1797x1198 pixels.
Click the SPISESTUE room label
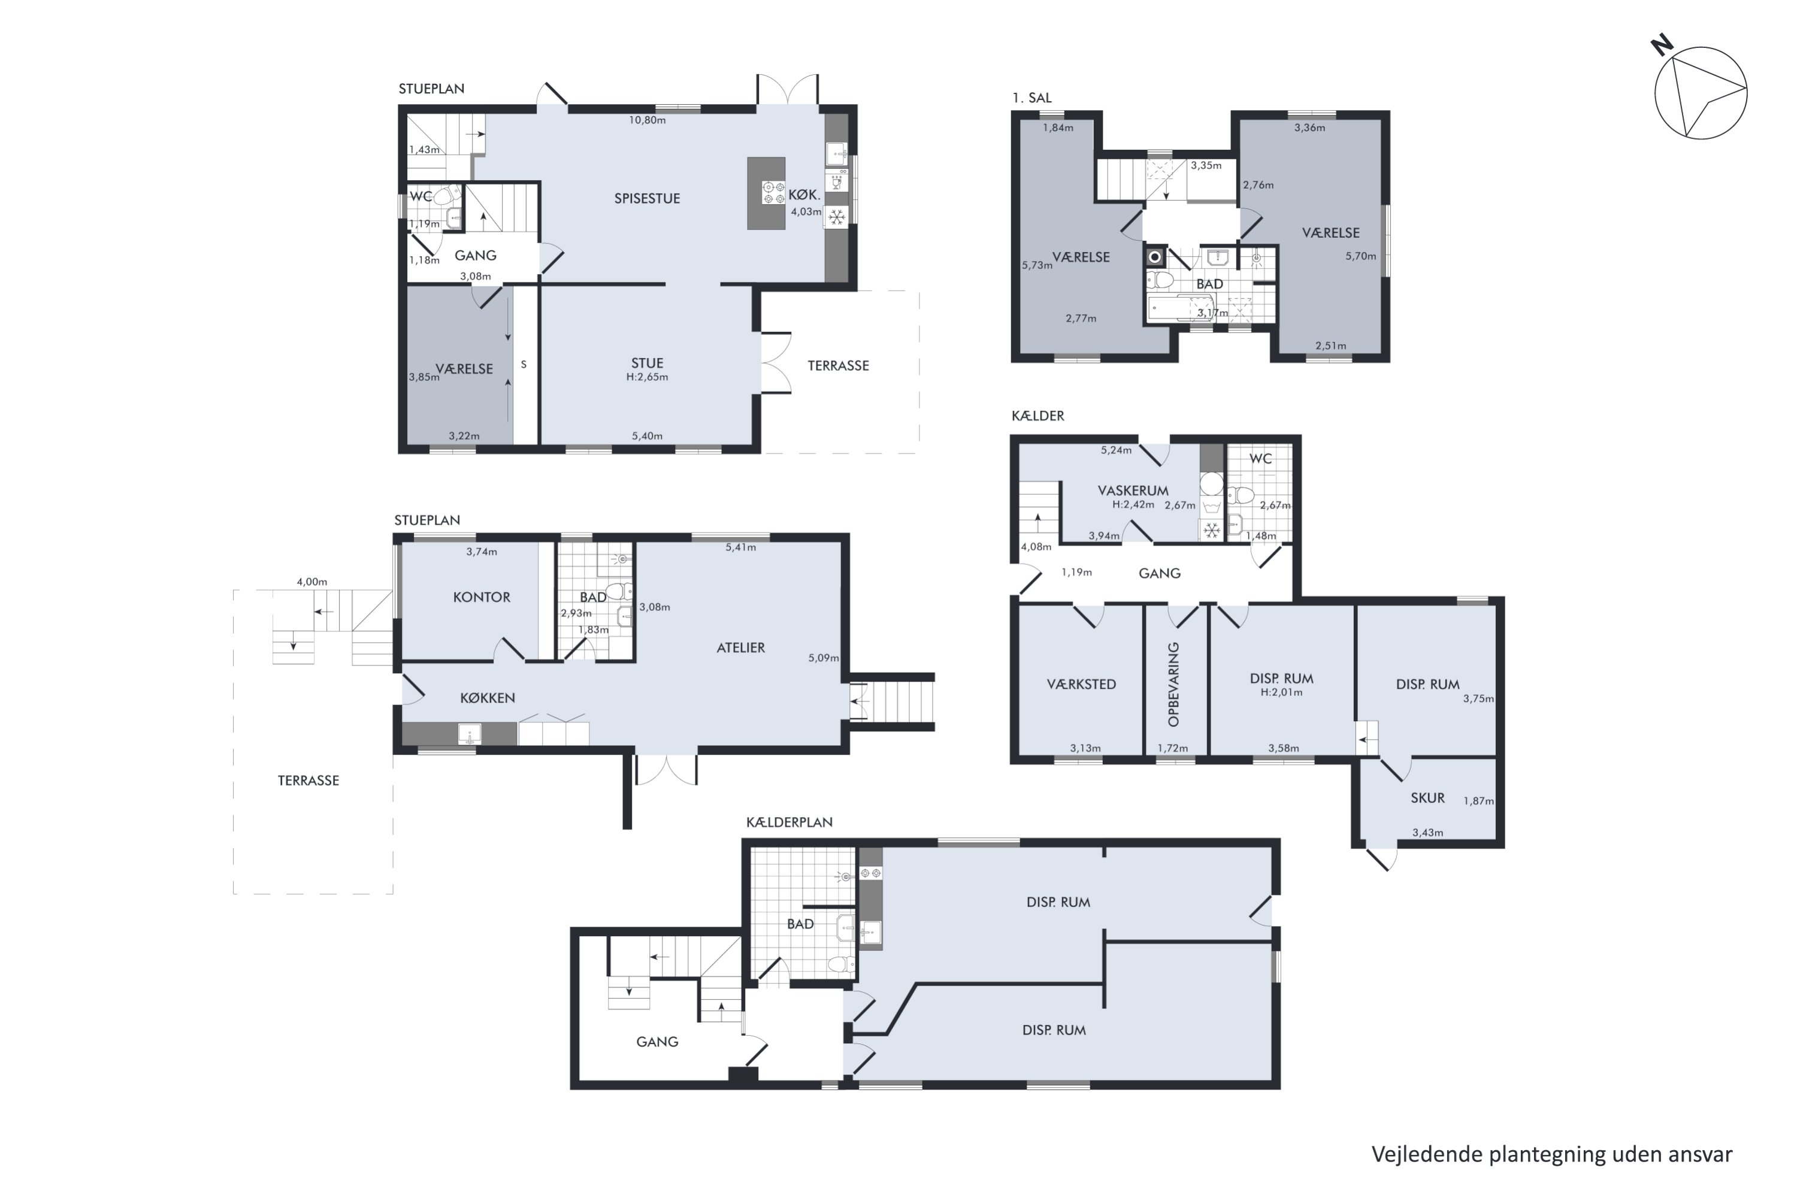pyautogui.click(x=646, y=199)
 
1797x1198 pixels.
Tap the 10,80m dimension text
pyautogui.click(x=647, y=120)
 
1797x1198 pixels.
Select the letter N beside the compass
pyautogui.click(x=1662, y=46)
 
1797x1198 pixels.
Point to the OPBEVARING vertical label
pyautogui.click(x=1173, y=684)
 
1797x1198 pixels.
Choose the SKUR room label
pyautogui.click(x=1427, y=798)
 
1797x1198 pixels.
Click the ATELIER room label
pyautogui.click(x=740, y=648)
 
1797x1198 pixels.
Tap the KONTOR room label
pyautogui.click(x=482, y=597)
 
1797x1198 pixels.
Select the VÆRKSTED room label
pyautogui.click(x=1081, y=685)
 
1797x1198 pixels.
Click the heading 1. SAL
pyautogui.click(x=1031, y=98)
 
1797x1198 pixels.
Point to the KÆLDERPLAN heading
pyautogui.click(x=789, y=822)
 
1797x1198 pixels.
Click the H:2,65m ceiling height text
pyautogui.click(x=647, y=377)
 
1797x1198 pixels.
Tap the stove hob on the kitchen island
pyautogui.click(x=773, y=192)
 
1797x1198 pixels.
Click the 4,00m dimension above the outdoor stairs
pyautogui.click(x=311, y=582)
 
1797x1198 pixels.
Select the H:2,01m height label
pyautogui.click(x=1281, y=692)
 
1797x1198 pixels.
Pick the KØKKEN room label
pyautogui.click(x=488, y=698)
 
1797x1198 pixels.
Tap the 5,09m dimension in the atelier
pyautogui.click(x=823, y=658)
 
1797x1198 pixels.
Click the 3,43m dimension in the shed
pyautogui.click(x=1427, y=833)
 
